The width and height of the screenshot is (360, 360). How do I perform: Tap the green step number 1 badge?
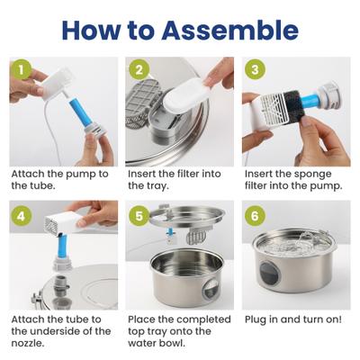tap(22, 69)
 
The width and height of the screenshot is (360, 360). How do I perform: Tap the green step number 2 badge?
tap(138, 69)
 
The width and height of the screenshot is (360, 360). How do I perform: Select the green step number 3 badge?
tap(254, 69)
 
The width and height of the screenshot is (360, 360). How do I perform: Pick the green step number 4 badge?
tap(22, 215)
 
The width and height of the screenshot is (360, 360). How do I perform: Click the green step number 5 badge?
tap(138, 215)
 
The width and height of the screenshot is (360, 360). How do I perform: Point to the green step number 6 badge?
tap(254, 215)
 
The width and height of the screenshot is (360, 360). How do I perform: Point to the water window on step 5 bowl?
tap(208, 288)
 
